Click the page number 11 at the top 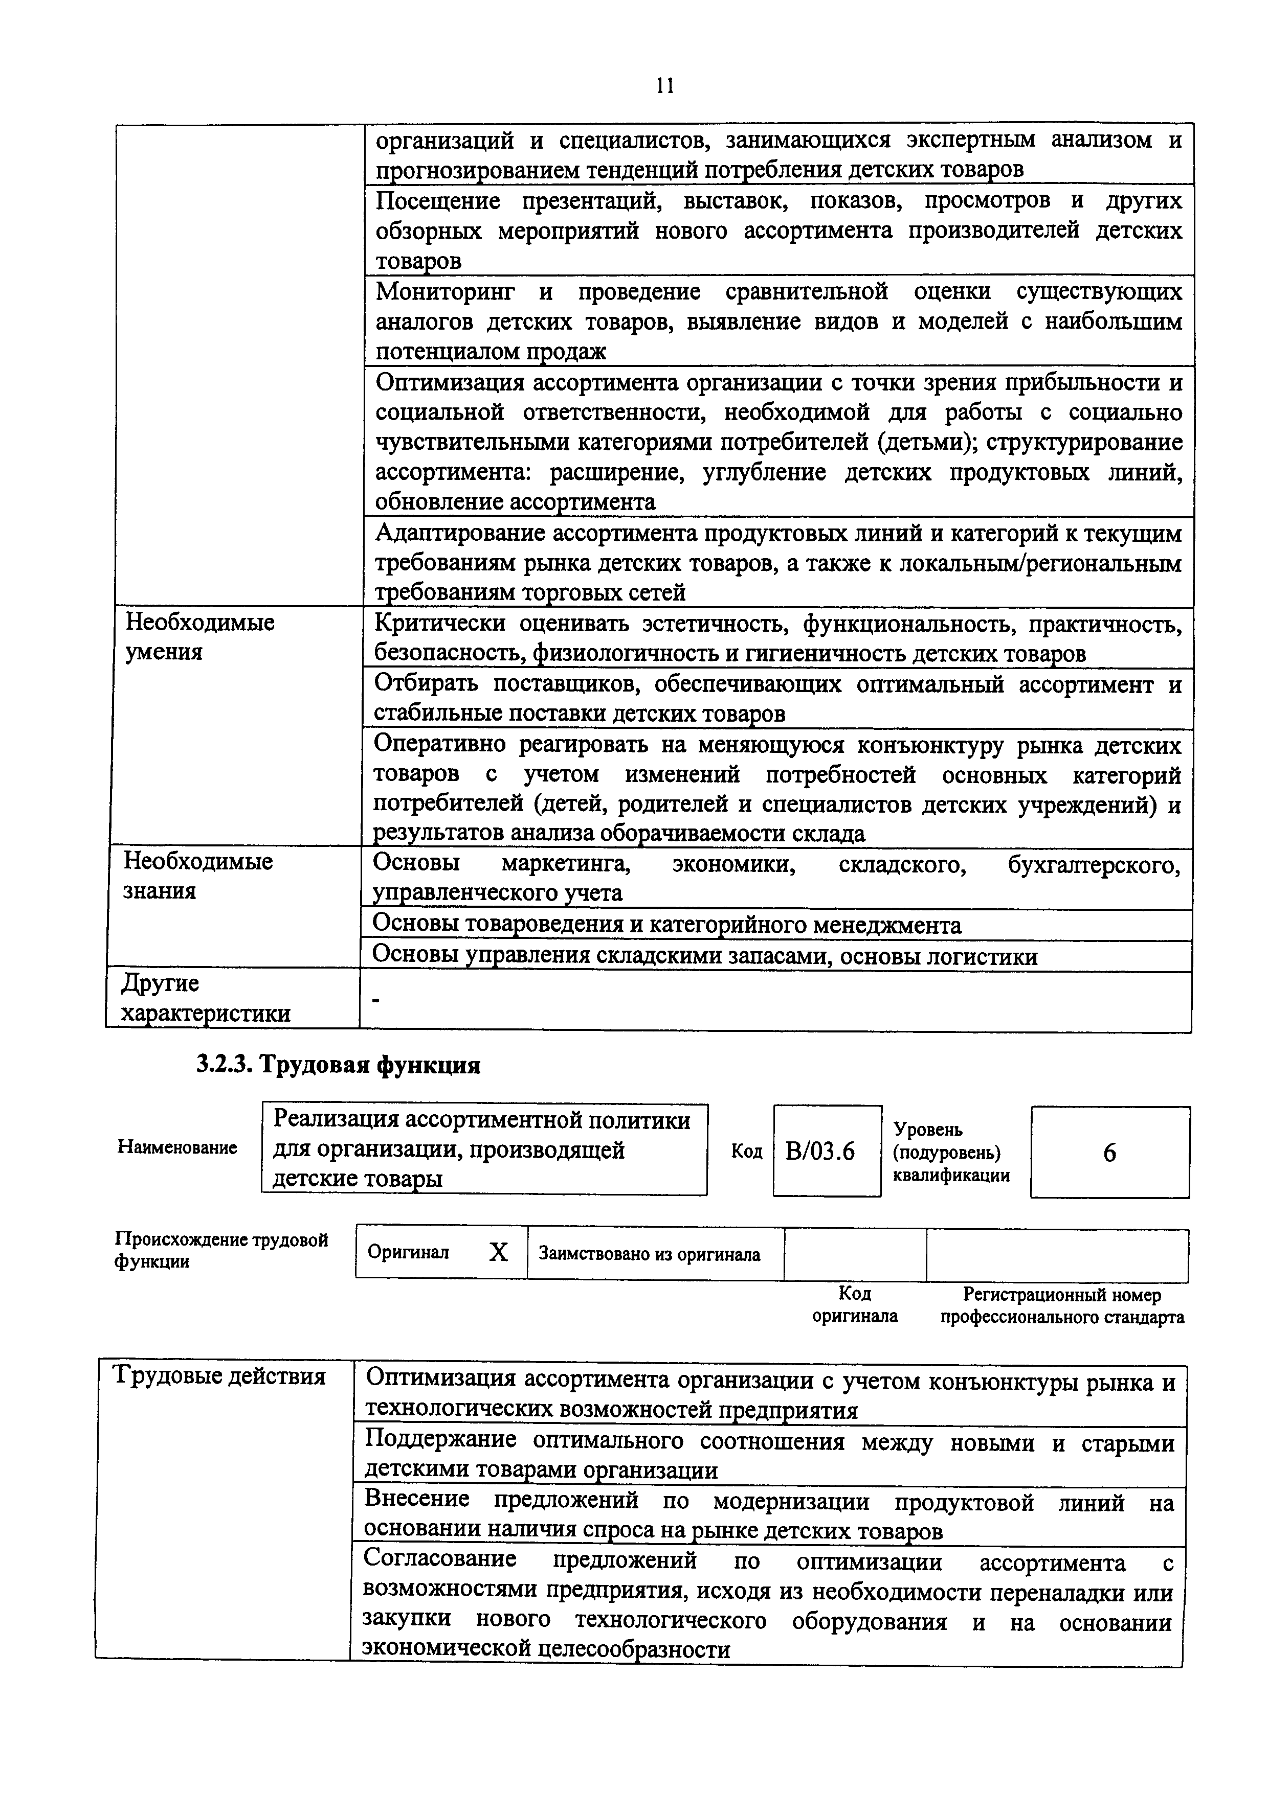(x=665, y=85)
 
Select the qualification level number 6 (x=1109, y=1153)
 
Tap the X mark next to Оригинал (x=498, y=1253)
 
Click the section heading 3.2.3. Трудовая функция (x=338, y=1064)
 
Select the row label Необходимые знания (x=198, y=876)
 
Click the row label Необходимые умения (x=200, y=637)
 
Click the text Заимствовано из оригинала (x=649, y=1254)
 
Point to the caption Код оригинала (x=855, y=1305)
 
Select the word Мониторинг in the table (x=446, y=292)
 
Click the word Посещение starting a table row (x=437, y=201)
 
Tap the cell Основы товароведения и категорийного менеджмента (x=666, y=926)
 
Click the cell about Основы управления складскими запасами (x=705, y=957)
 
